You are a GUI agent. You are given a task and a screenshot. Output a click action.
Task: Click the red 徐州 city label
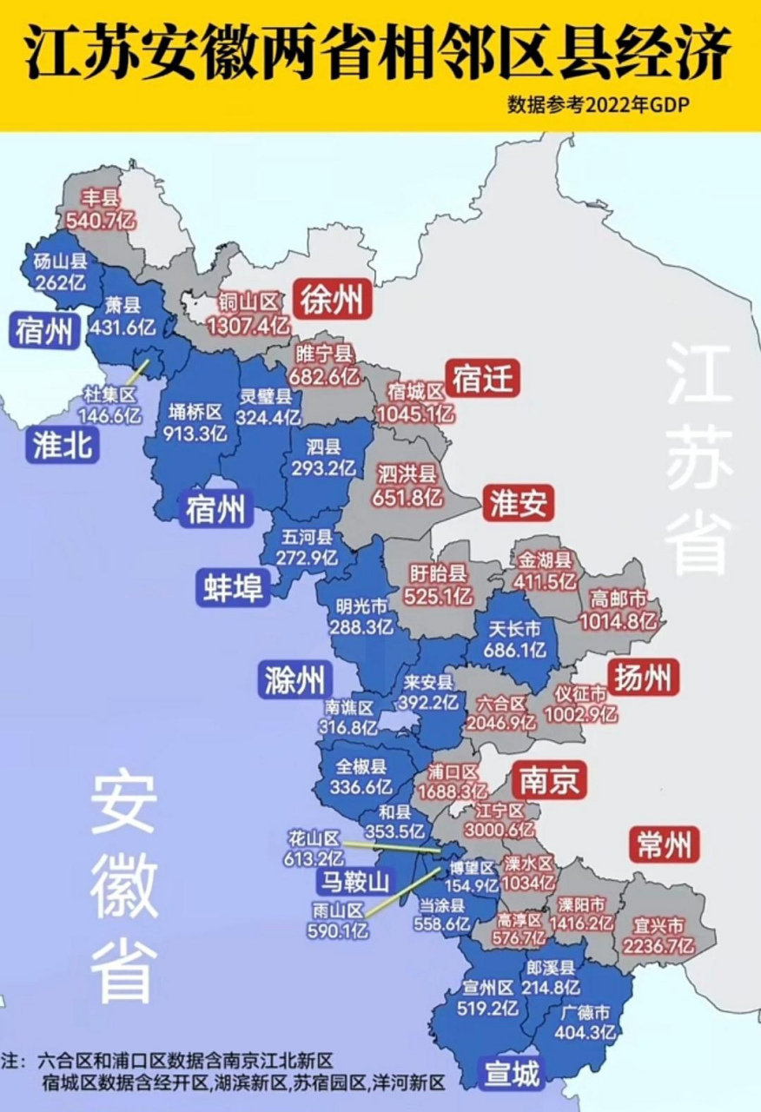(x=331, y=301)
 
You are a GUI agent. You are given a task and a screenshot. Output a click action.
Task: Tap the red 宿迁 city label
(x=482, y=379)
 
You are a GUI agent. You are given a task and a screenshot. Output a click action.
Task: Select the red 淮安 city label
(x=519, y=504)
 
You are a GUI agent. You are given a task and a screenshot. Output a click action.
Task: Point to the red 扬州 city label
(x=643, y=678)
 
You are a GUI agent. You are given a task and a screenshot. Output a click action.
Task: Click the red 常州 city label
(x=666, y=844)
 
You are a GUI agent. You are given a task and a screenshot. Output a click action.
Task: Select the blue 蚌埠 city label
(x=233, y=586)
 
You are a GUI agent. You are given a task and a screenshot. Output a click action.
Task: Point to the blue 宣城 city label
(x=512, y=1075)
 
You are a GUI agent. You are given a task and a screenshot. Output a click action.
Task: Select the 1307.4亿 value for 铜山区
(x=248, y=326)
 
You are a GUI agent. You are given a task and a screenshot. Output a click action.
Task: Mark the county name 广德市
(x=587, y=1013)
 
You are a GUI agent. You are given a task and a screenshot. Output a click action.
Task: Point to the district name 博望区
(x=472, y=868)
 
